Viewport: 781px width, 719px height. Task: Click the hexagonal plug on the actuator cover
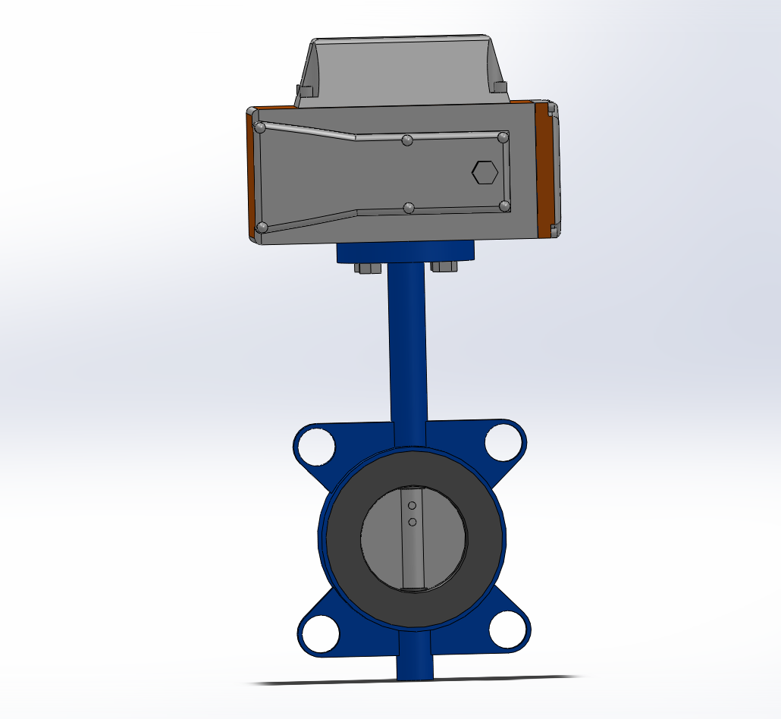pyautogui.click(x=485, y=172)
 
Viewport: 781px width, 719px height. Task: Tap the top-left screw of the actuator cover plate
pyautogui.click(x=260, y=127)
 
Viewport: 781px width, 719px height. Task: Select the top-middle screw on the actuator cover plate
pyautogui.click(x=407, y=140)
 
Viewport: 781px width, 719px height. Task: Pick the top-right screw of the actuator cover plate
pyautogui.click(x=503, y=137)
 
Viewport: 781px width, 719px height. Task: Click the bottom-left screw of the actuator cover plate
pyautogui.click(x=262, y=227)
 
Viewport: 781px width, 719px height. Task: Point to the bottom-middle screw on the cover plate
pyautogui.click(x=409, y=208)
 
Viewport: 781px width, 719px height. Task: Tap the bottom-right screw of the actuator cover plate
pyautogui.click(x=505, y=206)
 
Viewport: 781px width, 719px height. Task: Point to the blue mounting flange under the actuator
pyautogui.click(x=406, y=252)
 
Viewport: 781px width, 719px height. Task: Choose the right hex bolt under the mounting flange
pyautogui.click(x=443, y=266)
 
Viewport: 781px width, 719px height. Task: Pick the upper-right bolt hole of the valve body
pyautogui.click(x=503, y=443)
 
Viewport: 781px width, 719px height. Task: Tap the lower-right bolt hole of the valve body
pyautogui.click(x=507, y=630)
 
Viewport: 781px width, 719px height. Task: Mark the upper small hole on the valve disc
pyautogui.click(x=412, y=505)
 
